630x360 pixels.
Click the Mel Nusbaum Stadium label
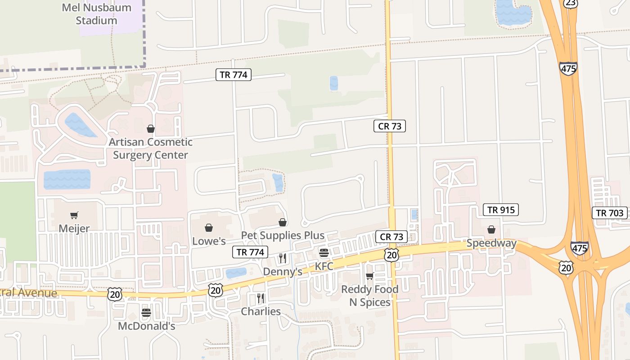[x=96, y=14]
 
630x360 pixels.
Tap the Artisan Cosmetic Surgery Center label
[x=150, y=148]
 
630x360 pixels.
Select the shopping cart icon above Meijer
[x=74, y=216]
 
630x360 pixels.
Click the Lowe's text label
[x=209, y=241]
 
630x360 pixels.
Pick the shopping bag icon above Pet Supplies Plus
[x=283, y=222]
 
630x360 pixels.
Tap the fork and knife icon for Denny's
[x=283, y=258]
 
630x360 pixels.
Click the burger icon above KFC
[x=324, y=252]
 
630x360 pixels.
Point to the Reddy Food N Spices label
[x=370, y=296]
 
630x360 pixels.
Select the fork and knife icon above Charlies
[x=261, y=298]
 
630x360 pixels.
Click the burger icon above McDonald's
[x=146, y=312]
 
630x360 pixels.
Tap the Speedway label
[x=491, y=243]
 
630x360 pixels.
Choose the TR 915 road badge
[x=501, y=210]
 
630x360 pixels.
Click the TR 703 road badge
[x=610, y=213]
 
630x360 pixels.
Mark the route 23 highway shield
[x=570, y=3]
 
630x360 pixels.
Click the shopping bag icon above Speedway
[x=491, y=230]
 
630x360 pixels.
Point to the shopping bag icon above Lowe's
[x=209, y=228]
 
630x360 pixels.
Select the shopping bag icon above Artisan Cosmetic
[x=151, y=129]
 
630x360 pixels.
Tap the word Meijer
[x=74, y=228]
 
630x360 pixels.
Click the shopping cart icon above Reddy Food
[x=370, y=276]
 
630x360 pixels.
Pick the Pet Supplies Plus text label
[x=283, y=235]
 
